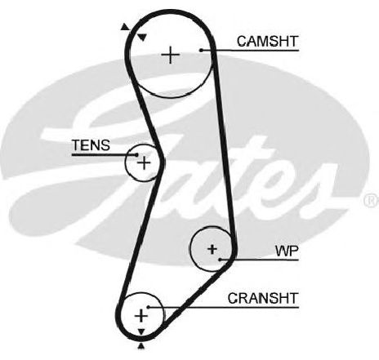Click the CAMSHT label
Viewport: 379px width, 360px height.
click(268, 42)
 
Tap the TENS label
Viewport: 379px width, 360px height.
click(91, 145)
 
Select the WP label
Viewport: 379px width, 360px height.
click(287, 251)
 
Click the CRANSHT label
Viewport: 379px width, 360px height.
click(263, 298)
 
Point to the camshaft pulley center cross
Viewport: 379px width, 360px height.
click(171, 55)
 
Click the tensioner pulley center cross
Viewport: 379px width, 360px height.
click(144, 163)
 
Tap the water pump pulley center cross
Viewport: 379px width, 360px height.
click(212, 249)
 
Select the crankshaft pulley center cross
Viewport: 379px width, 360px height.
click(141, 316)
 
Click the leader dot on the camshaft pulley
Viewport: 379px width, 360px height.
click(201, 50)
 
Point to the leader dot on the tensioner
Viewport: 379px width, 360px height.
click(136, 155)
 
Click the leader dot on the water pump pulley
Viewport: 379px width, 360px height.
click(221, 260)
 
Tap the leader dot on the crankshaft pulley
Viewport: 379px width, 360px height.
click(149, 307)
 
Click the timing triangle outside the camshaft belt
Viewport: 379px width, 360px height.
click(125, 27)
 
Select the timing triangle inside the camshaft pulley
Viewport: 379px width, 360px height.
click(142, 38)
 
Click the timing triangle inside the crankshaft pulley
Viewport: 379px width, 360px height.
click(141, 331)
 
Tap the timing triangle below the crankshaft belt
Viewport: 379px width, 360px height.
click(141, 346)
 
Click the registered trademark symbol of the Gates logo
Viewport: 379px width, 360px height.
click(372, 200)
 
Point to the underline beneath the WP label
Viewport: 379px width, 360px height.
click(260, 260)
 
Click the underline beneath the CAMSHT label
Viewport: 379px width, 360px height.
click(250, 51)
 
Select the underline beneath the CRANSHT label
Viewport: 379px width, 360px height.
click(224, 308)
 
